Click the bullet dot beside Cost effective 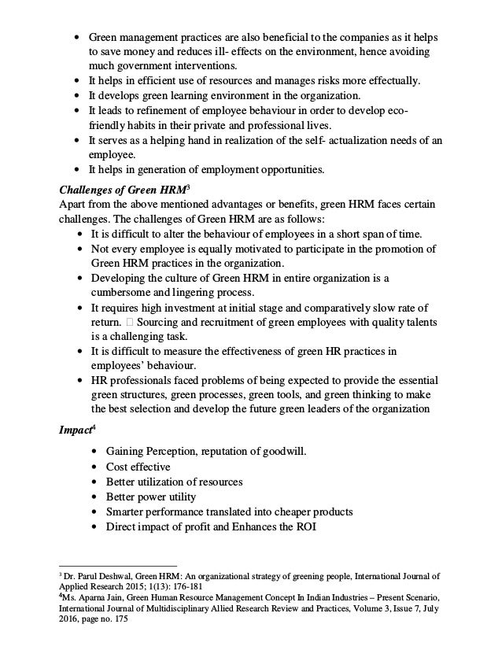(95, 467)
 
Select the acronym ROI (302, 526)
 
